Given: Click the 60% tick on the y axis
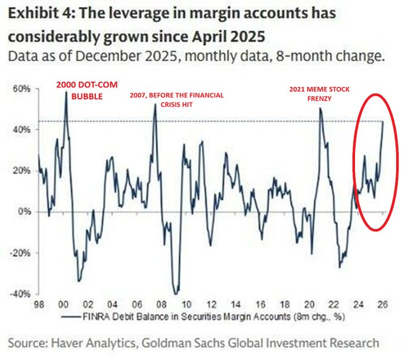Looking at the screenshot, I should point(23,89).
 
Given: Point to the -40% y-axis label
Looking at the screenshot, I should point(21,294).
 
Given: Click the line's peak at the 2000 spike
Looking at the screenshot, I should point(66,92).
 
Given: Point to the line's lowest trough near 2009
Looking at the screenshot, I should point(175,294).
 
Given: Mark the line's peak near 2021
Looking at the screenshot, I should point(320,109).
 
